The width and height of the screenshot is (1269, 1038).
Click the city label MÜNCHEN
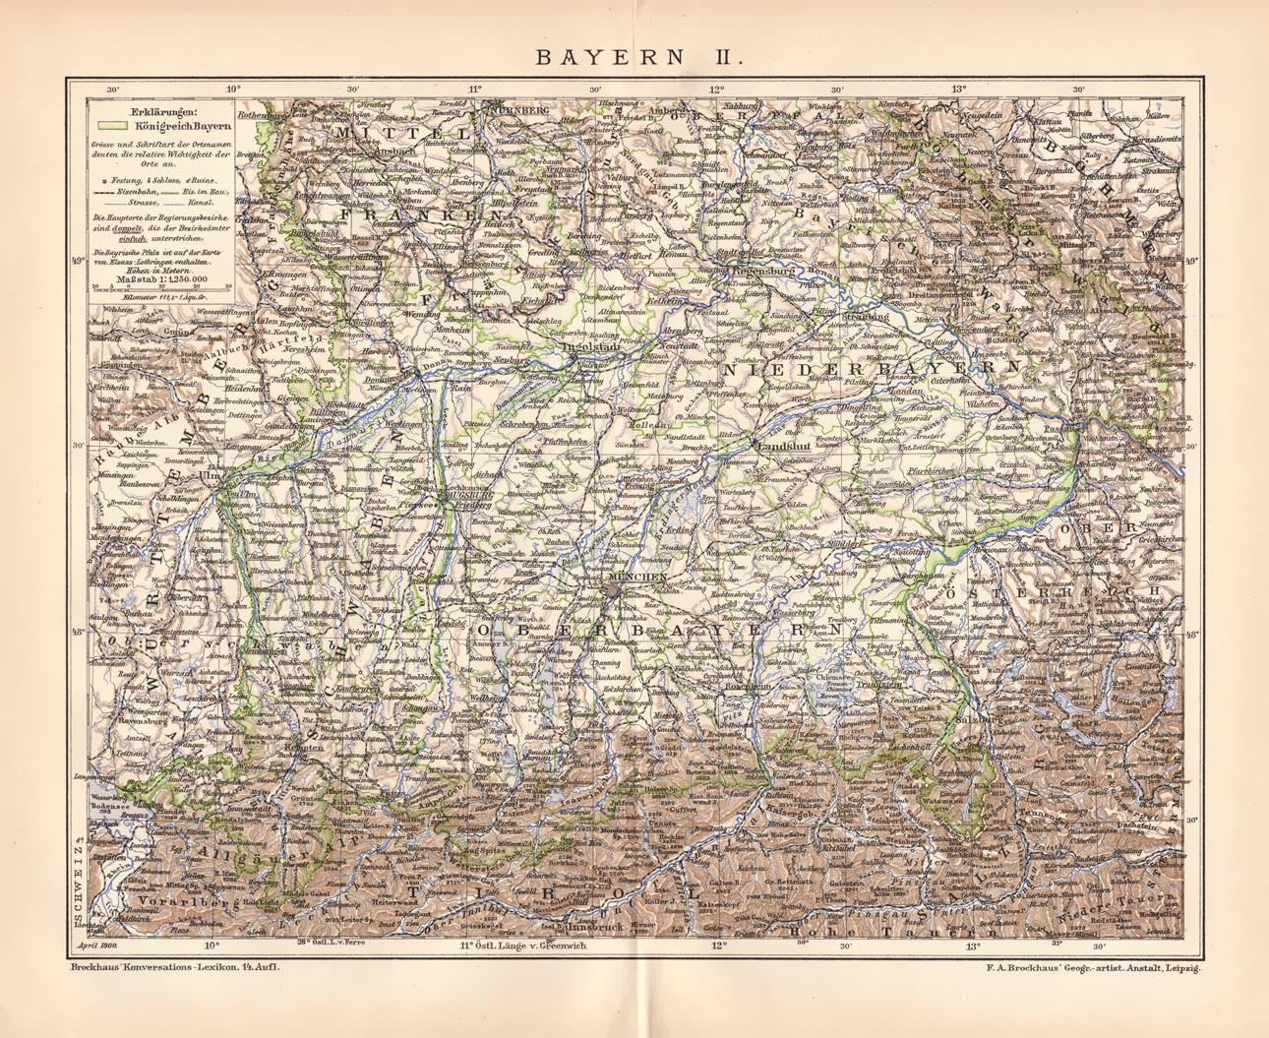[638, 575]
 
